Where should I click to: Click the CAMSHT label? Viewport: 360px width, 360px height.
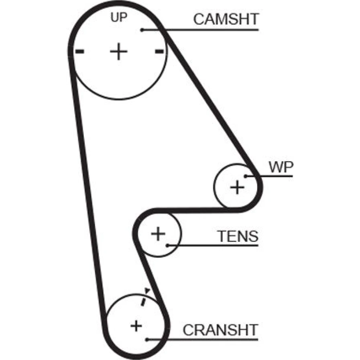pos(226,19)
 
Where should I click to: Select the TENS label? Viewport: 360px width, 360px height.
pos(238,237)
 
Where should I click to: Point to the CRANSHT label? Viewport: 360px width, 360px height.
pos(221,330)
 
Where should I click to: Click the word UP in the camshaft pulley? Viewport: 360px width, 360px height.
pos(118,18)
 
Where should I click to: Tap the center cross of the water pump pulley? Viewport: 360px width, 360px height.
pos(237,187)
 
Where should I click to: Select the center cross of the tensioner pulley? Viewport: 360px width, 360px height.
pos(158,234)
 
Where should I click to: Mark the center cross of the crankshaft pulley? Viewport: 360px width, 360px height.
pos(136,326)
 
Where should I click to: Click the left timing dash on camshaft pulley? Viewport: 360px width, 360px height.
pos(80,51)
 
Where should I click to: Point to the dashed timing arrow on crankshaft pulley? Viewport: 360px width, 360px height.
pos(144,297)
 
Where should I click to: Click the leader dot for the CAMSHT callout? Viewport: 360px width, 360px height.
pos(142,30)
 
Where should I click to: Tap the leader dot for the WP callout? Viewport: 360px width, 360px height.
pos(246,176)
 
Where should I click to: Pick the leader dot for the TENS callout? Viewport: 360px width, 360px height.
pos(168,246)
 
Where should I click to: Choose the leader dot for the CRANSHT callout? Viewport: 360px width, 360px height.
pos(147,339)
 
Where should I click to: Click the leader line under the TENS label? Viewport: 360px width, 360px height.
pos(216,246)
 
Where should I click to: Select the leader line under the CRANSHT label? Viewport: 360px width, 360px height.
pos(205,339)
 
